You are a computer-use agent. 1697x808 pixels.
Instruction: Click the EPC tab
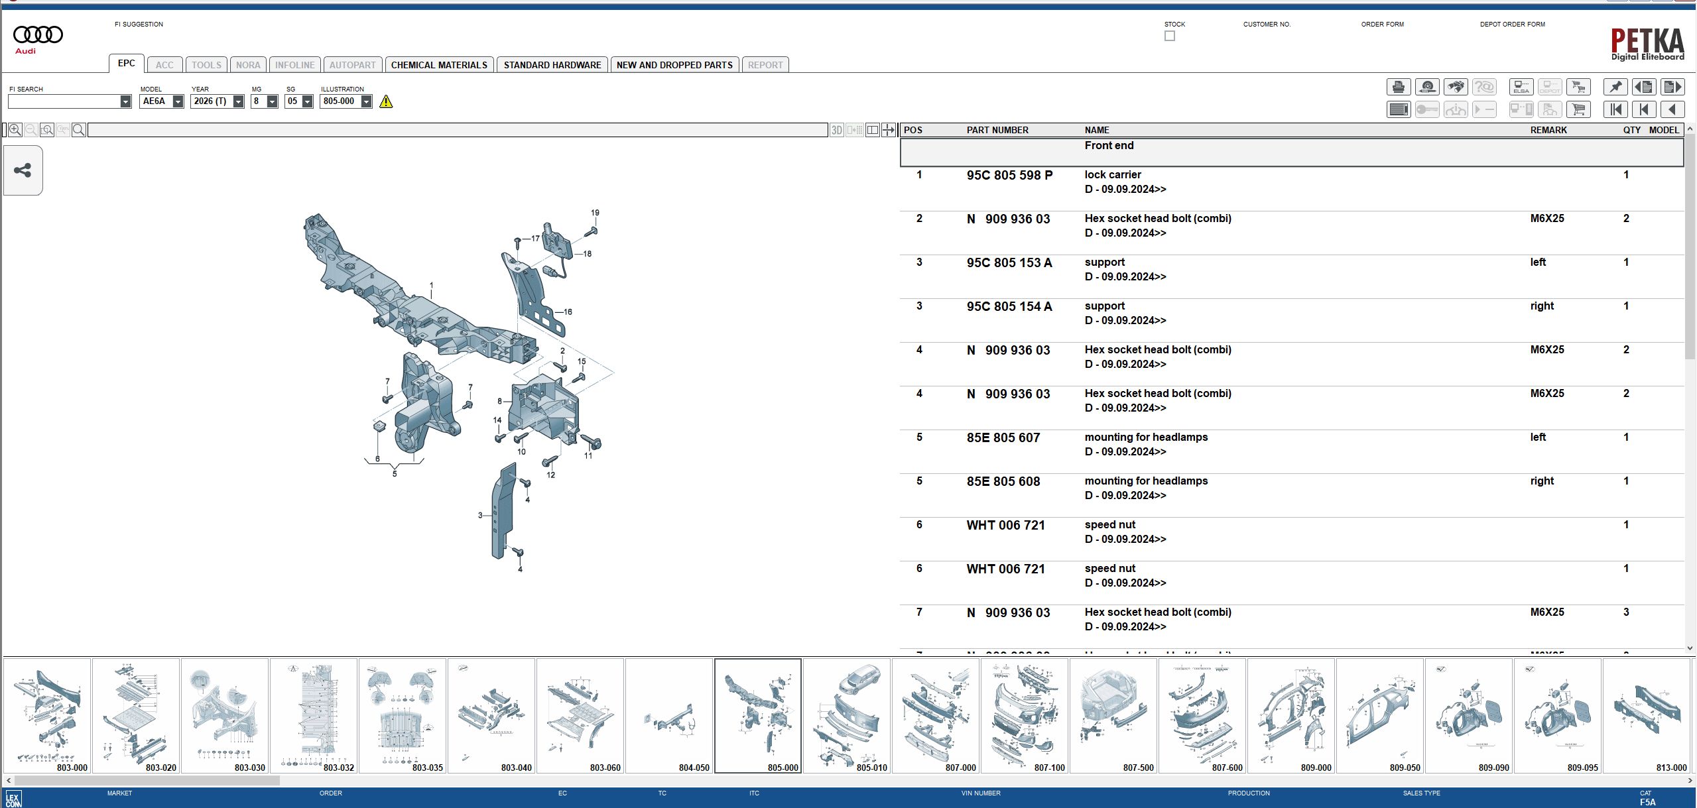pyautogui.click(x=126, y=64)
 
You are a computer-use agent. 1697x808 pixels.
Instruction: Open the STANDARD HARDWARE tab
pyautogui.click(x=552, y=65)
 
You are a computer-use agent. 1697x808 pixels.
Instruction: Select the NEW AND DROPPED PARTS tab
pyautogui.click(x=674, y=65)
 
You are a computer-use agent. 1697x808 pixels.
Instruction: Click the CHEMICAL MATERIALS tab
pyautogui.click(x=438, y=65)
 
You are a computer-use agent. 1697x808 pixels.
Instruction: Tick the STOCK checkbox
pyautogui.click(x=1169, y=36)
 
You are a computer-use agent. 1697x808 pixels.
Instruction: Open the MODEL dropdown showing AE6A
pyautogui.click(x=178, y=101)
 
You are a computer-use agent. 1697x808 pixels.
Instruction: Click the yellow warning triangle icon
pyautogui.click(x=386, y=101)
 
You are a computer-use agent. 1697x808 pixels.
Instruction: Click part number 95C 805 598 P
pyautogui.click(x=1009, y=175)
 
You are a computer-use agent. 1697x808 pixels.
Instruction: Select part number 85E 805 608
pyautogui.click(x=1003, y=481)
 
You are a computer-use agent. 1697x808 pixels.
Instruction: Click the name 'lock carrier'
pyautogui.click(x=1112, y=175)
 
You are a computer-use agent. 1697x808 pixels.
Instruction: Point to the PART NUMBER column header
pyautogui.click(x=997, y=130)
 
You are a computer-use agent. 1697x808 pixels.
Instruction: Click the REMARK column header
pyautogui.click(x=1548, y=130)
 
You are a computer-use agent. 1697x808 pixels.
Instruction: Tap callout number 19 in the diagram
pyautogui.click(x=595, y=213)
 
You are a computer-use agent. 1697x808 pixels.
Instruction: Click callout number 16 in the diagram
pyautogui.click(x=568, y=312)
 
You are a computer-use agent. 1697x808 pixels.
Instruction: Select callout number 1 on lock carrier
pyautogui.click(x=431, y=286)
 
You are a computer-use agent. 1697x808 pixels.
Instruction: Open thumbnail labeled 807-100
pyautogui.click(x=1024, y=715)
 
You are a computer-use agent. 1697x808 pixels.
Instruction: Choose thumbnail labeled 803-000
pyautogui.click(x=46, y=715)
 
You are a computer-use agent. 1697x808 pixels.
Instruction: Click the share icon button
pyautogui.click(x=23, y=170)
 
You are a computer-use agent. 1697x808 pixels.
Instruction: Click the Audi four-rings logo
pyautogui.click(x=38, y=34)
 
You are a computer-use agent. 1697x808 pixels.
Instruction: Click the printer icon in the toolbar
pyautogui.click(x=1398, y=87)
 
